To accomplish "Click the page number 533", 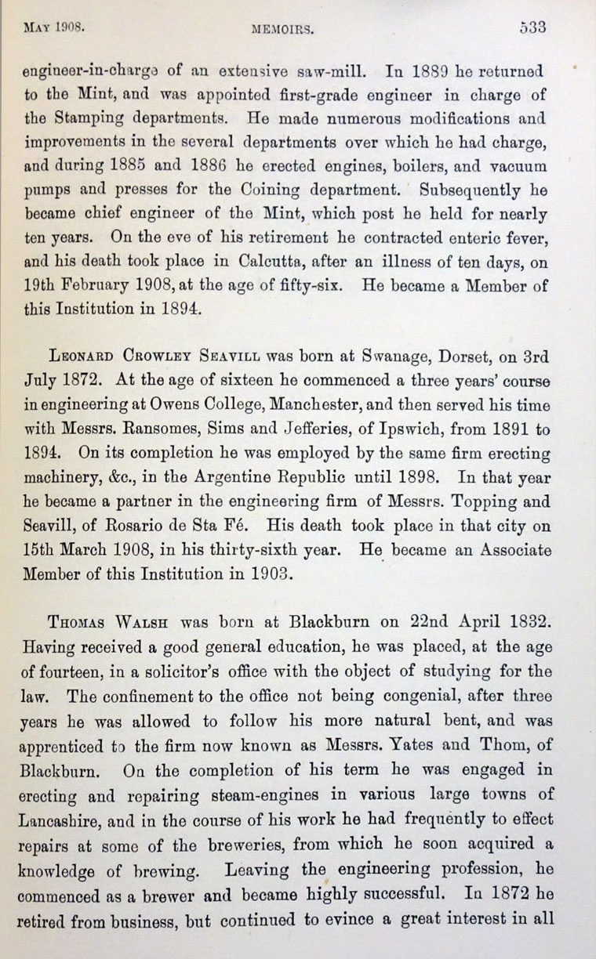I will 532,26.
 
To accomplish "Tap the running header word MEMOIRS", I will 282,31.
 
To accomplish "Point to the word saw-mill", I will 332,71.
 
